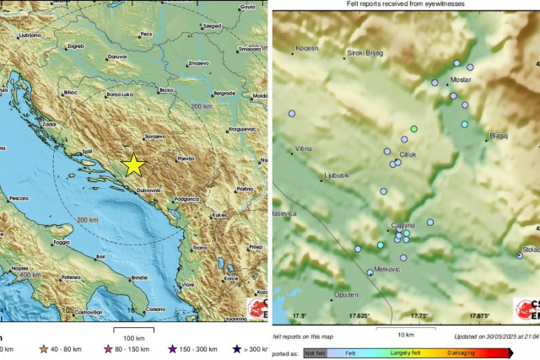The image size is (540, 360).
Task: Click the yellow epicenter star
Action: [132, 164]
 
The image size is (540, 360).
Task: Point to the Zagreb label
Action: [75, 46]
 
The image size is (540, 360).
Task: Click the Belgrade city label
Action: [224, 93]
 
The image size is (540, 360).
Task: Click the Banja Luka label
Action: [120, 97]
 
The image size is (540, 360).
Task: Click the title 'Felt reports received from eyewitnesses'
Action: [405, 5]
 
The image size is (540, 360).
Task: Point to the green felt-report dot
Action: [413, 128]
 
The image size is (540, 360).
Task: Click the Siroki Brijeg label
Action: [365, 53]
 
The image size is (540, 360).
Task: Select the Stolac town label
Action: [529, 250]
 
